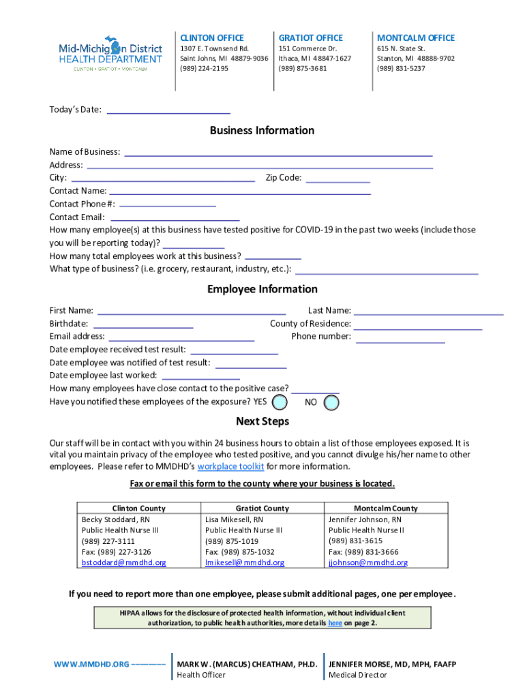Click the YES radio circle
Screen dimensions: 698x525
click(280, 402)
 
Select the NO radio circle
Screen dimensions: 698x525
click(331, 403)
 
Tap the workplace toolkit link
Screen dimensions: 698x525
click(230, 467)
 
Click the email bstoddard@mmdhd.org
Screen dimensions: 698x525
click(123, 563)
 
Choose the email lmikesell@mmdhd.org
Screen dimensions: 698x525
click(245, 563)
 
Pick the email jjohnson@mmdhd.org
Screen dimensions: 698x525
click(368, 563)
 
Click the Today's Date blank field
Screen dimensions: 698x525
click(168, 110)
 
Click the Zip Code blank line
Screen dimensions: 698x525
click(337, 179)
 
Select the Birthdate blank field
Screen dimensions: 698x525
click(143, 324)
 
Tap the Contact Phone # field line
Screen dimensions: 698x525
click(167, 204)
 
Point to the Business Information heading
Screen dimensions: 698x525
click(262, 131)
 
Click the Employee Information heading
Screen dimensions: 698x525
click(262, 290)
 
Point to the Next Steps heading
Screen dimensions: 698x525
click(262, 421)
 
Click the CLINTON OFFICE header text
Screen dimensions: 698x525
click(211, 38)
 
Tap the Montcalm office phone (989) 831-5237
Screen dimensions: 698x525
click(401, 68)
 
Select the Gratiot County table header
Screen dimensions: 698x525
click(262, 509)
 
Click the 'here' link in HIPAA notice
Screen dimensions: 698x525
click(335, 623)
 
